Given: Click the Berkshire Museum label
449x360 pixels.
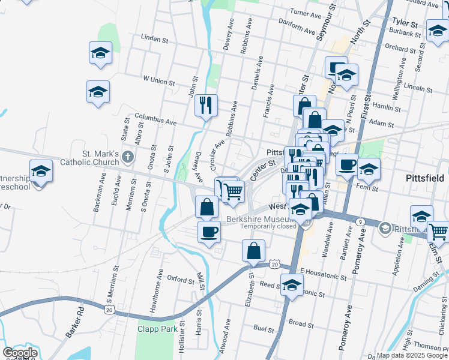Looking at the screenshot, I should (258, 219).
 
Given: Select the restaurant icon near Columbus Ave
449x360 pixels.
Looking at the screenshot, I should (206, 106).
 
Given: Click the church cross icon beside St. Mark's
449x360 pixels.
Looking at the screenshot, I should (127, 158).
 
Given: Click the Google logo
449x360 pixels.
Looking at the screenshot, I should (20, 353).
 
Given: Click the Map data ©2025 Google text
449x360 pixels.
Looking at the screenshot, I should (412, 355).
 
